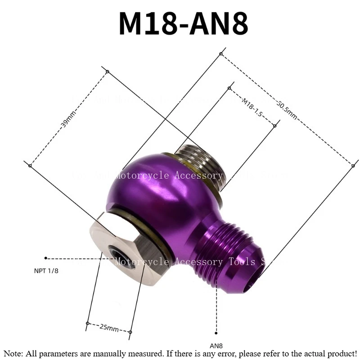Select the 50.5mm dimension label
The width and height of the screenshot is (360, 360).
click(287, 109)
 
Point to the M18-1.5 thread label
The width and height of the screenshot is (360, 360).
click(252, 107)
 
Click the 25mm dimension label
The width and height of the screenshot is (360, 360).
click(109, 328)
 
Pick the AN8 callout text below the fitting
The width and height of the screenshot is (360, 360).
click(216, 346)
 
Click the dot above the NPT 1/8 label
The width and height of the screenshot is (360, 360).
click(46, 258)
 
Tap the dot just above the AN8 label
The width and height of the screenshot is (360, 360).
click(216, 333)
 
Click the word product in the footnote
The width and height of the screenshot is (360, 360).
click(341, 354)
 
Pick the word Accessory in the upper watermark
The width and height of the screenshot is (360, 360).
click(198, 175)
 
